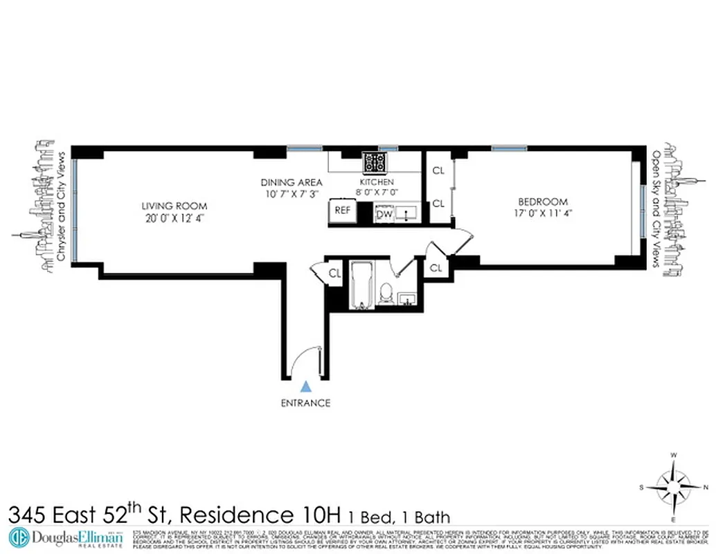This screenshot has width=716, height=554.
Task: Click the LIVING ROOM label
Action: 174,206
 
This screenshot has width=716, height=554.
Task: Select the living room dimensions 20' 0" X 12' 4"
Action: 174,217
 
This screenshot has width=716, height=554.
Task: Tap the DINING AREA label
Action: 292,182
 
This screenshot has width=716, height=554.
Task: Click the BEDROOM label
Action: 543,202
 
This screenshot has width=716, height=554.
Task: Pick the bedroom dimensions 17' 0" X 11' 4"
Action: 543,213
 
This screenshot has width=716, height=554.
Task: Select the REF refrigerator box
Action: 342,210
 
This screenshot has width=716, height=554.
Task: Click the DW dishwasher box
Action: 384,215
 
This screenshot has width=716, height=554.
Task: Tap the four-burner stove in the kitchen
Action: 375,163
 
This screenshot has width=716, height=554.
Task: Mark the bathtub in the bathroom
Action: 360,284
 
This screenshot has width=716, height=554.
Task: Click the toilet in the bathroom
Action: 386,295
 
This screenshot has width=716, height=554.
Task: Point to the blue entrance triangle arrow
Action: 305,387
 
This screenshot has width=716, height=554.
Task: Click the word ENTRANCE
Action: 305,403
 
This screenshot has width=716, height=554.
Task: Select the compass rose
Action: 673,487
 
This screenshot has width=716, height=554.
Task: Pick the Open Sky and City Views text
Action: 656,209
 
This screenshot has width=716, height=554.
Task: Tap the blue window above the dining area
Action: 305,148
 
